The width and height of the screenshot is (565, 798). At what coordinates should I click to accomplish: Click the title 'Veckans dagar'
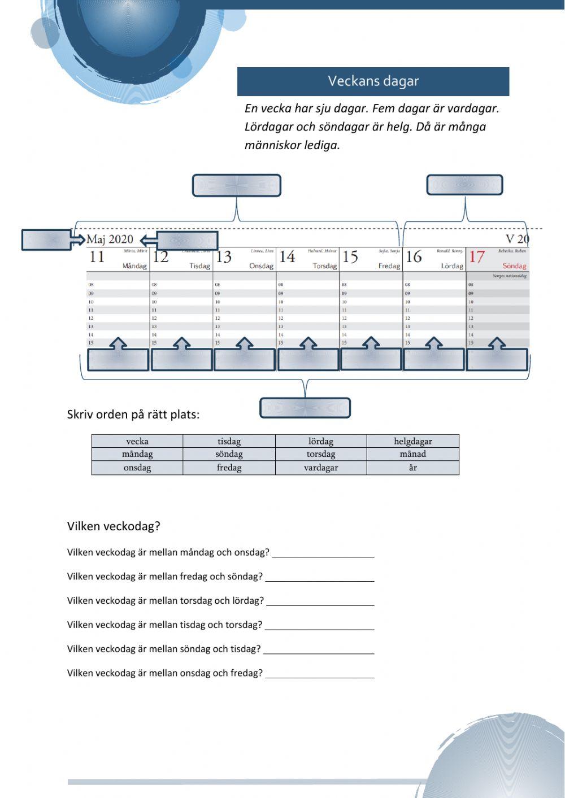(373, 81)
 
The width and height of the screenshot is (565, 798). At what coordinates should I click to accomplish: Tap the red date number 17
(477, 257)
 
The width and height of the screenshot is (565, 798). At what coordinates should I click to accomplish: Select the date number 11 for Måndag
(97, 257)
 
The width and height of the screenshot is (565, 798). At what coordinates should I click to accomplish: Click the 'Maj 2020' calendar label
(110, 239)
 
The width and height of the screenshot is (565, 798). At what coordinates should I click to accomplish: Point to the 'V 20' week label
(517, 239)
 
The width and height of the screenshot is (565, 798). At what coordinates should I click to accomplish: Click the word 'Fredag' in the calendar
(389, 266)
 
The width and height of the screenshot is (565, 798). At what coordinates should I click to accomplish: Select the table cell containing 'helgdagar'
(412, 441)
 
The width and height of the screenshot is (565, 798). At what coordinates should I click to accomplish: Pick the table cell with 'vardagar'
(320, 468)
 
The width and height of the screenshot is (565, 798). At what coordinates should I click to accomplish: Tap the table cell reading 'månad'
(412, 454)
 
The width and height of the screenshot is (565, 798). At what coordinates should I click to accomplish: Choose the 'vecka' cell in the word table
(137, 441)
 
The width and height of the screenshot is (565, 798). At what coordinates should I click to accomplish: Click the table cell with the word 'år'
(412, 468)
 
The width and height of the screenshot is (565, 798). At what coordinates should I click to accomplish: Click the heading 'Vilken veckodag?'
(114, 526)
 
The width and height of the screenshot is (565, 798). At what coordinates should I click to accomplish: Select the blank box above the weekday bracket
(236, 186)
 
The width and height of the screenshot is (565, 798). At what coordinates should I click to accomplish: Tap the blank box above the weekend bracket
(464, 185)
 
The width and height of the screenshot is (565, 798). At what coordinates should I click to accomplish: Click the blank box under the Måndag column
(118, 360)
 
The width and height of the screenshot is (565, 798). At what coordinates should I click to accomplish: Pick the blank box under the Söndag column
(497, 360)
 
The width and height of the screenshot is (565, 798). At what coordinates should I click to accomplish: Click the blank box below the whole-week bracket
(305, 408)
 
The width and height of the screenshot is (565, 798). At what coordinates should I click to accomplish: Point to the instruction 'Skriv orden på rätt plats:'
(133, 415)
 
